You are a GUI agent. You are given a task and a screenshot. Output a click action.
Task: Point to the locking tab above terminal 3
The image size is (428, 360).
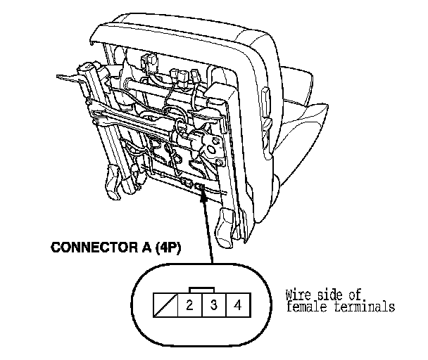(x=202, y=290)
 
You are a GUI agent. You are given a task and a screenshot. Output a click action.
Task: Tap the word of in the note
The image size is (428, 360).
(x=353, y=296)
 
